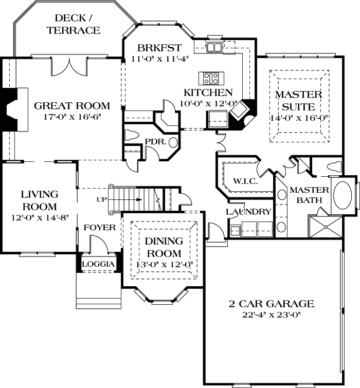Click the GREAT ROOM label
(x=71, y=106)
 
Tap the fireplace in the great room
(x=11, y=110)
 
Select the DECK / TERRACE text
(x=74, y=25)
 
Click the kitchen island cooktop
(x=211, y=78)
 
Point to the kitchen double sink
(x=214, y=47)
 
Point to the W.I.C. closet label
(x=245, y=181)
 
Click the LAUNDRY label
(x=248, y=212)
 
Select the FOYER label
(x=100, y=227)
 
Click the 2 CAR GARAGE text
(x=271, y=304)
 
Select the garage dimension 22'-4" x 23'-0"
(x=271, y=315)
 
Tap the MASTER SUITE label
(x=298, y=101)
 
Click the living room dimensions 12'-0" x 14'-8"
(x=40, y=217)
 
